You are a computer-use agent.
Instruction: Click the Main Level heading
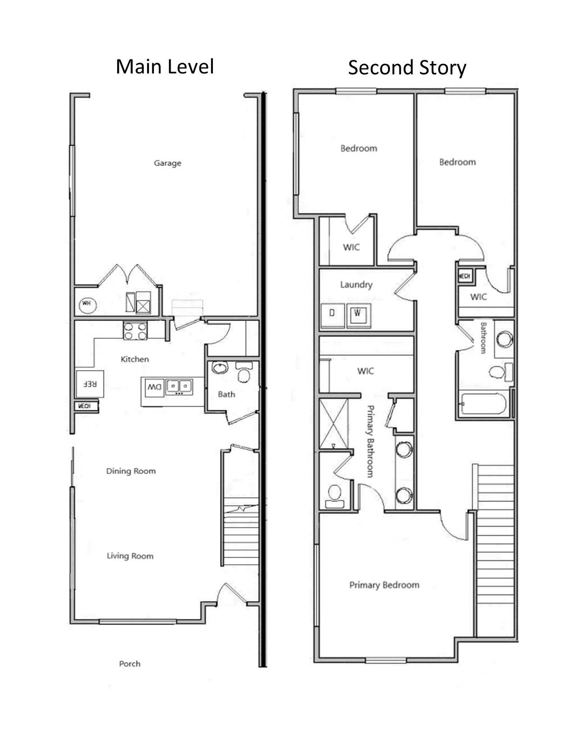(x=165, y=67)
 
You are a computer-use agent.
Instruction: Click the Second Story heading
(x=407, y=68)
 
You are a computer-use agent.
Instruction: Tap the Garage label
(x=167, y=163)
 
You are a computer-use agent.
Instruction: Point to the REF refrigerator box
(x=90, y=384)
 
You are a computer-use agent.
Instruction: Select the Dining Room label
(x=131, y=471)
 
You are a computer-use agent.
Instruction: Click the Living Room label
(x=130, y=556)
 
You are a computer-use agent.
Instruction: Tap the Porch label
(x=129, y=663)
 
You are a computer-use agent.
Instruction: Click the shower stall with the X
(x=334, y=424)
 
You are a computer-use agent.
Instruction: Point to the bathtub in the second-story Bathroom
(x=485, y=404)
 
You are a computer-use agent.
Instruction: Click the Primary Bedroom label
(x=384, y=585)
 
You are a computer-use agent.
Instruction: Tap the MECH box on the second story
(x=464, y=276)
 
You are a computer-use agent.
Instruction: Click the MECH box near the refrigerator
(x=86, y=406)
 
